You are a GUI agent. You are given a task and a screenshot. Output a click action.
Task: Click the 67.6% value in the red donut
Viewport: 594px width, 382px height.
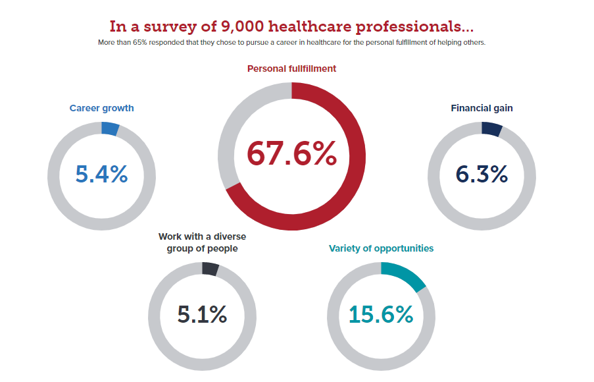[x=291, y=155]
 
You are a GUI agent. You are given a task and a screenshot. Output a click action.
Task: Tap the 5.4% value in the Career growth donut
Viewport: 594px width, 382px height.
[x=101, y=175]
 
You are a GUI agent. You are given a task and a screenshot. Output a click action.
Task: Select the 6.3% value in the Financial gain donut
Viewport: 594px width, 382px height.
[x=482, y=175]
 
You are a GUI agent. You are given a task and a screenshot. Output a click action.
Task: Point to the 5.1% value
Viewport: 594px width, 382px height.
[x=202, y=315]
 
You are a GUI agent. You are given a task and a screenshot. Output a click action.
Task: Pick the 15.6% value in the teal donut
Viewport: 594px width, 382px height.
[x=381, y=315]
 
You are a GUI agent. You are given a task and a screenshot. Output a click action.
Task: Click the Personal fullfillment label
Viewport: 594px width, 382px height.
[x=291, y=68]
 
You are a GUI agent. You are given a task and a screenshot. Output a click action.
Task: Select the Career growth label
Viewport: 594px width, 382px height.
[x=101, y=109]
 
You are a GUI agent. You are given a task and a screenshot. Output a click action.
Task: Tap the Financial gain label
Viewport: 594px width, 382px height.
[x=482, y=108]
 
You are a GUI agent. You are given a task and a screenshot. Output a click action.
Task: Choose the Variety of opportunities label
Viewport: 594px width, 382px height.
[x=381, y=248]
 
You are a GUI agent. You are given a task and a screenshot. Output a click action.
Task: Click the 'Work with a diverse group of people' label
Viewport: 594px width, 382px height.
[x=202, y=242]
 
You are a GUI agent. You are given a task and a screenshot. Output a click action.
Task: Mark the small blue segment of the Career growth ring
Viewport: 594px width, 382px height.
[x=110, y=129]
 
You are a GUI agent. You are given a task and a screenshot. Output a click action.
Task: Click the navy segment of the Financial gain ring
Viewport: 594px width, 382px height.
[x=491, y=129]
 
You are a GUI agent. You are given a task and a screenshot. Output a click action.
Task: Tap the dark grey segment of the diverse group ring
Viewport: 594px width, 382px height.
[x=210, y=269]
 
